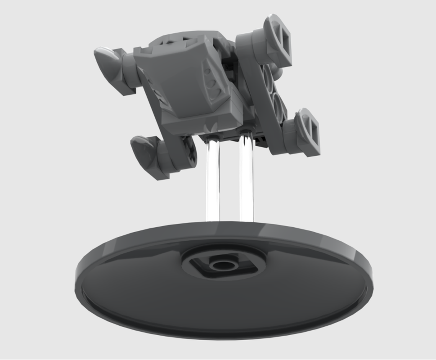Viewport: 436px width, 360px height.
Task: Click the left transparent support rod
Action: click(x=212, y=180)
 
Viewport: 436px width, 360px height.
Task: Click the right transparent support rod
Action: click(x=247, y=180)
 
